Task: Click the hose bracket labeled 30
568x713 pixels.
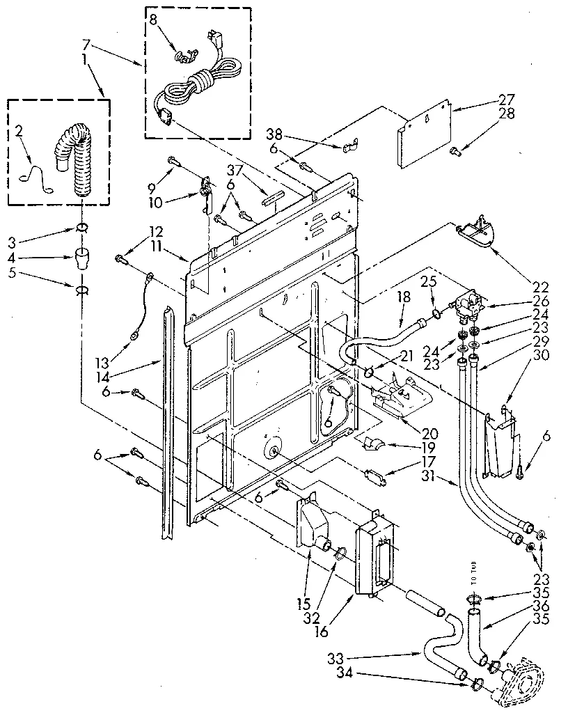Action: tap(501, 446)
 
